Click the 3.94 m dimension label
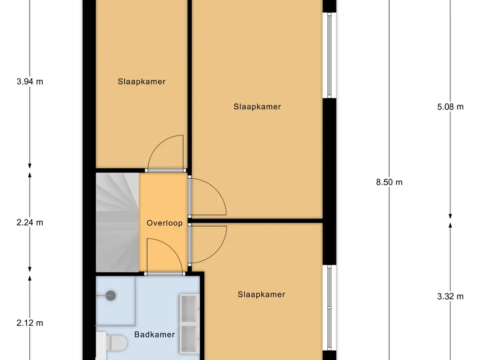(30, 82)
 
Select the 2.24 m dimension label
(30, 223)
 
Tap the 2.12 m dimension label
(30, 322)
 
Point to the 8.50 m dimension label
(389, 182)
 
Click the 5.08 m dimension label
(450, 107)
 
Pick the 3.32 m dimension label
(450, 296)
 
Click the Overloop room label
(165, 223)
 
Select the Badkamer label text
(154, 335)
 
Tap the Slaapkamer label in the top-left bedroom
(142, 82)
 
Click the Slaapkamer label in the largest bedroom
(257, 107)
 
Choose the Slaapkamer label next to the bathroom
(261, 295)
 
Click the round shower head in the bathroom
(111, 295)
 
